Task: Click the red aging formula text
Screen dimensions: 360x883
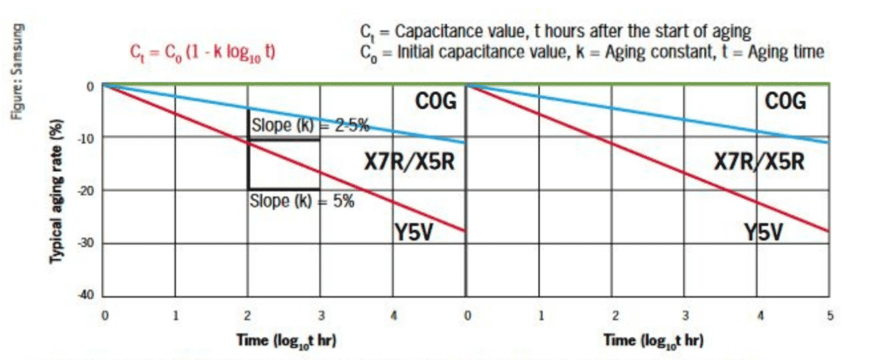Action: point(201,53)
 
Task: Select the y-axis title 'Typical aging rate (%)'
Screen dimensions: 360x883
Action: point(58,191)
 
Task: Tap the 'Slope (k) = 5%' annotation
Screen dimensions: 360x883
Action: point(302,201)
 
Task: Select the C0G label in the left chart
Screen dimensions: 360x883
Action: point(436,102)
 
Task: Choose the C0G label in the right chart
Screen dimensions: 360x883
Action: point(785,102)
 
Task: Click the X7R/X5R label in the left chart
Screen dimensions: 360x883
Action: point(409,161)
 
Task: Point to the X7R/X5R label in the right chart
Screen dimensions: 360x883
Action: point(759,161)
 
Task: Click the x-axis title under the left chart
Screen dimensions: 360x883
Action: point(286,339)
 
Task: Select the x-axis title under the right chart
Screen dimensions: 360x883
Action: point(653,339)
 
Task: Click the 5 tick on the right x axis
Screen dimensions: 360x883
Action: point(830,315)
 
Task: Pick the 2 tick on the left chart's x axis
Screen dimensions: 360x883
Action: point(249,315)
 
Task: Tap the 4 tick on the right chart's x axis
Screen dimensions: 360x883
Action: point(760,315)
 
